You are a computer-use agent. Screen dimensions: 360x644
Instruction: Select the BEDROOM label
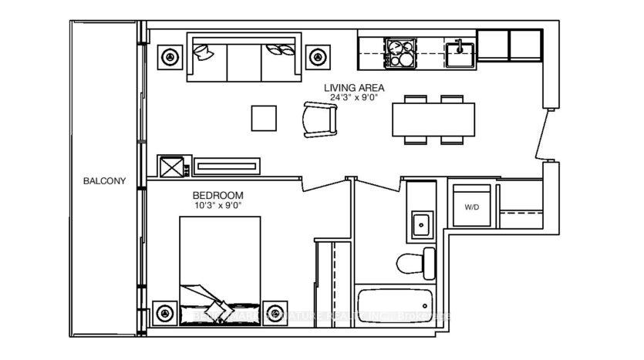[218, 196]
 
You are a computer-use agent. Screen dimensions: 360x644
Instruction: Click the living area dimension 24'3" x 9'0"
[353, 99]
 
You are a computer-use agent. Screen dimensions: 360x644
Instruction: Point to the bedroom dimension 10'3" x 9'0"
[218, 206]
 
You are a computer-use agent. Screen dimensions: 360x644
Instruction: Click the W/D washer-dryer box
[471, 207]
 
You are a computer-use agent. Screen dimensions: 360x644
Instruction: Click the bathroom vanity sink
[421, 224]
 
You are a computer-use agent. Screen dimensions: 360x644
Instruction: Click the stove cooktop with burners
[399, 52]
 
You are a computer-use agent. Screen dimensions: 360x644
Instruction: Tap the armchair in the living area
[319, 119]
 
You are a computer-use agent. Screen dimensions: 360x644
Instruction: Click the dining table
[428, 120]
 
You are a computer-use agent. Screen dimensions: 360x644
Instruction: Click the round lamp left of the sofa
[169, 56]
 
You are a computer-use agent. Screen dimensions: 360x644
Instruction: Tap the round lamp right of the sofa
[315, 56]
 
